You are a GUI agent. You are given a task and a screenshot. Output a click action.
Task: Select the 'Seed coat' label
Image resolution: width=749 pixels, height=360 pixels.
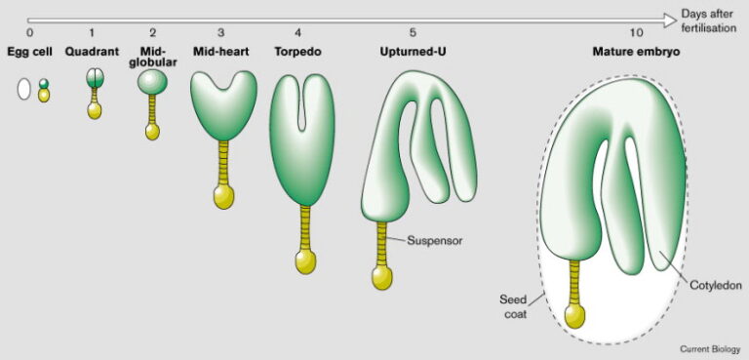click(x=513, y=306)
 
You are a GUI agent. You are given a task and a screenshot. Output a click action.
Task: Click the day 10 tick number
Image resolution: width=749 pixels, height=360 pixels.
click(x=636, y=33)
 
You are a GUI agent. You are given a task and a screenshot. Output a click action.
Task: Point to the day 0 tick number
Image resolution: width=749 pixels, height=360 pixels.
click(x=30, y=33)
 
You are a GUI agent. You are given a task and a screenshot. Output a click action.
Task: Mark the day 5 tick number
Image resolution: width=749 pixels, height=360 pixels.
click(x=413, y=33)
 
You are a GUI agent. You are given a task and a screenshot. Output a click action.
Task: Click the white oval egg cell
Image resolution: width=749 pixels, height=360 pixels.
click(x=24, y=91)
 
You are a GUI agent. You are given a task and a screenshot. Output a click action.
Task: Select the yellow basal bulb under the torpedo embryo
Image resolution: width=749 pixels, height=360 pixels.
click(x=306, y=261)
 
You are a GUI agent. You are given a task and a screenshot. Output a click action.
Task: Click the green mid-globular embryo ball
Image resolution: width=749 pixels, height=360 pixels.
click(x=152, y=84)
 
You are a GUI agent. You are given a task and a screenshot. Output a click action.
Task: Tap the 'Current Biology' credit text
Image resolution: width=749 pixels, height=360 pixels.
click(x=710, y=348)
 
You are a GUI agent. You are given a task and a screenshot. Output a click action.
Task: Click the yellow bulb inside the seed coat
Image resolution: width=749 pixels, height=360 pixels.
click(x=575, y=316)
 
